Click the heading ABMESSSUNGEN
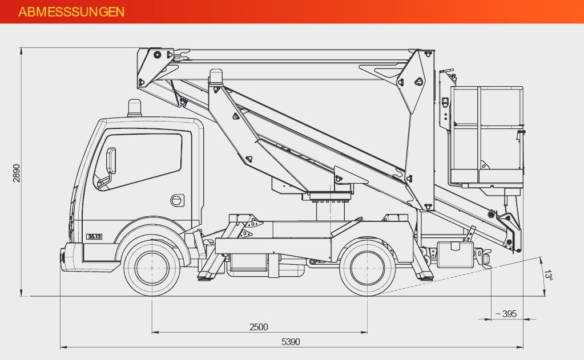(x=71, y=11)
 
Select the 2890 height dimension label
(x=17, y=173)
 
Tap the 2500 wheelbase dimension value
(x=259, y=327)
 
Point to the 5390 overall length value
(x=291, y=342)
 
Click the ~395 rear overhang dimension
(x=506, y=314)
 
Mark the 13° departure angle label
(x=548, y=275)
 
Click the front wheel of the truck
(x=152, y=268)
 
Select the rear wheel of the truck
(x=368, y=268)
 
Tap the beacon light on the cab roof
(x=135, y=108)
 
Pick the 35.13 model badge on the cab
(x=94, y=236)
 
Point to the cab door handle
(x=178, y=200)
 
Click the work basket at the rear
(x=486, y=136)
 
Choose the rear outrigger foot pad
(x=424, y=277)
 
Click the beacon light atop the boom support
(x=216, y=76)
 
